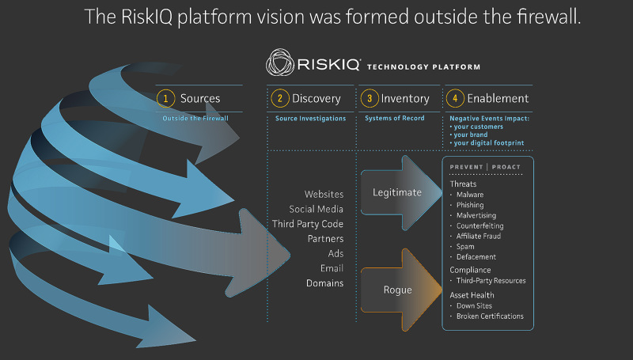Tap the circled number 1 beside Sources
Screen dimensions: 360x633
click(x=165, y=99)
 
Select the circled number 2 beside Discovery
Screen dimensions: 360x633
click(x=279, y=99)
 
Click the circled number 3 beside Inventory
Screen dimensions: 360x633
click(x=369, y=99)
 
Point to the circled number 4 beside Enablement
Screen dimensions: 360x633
click(x=454, y=99)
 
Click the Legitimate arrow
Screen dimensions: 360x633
click(x=396, y=192)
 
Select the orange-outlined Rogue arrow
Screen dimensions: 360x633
click(x=396, y=290)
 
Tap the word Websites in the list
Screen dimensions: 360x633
click(x=324, y=194)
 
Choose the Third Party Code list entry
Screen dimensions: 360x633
click(x=308, y=224)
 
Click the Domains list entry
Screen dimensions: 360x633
click(x=324, y=283)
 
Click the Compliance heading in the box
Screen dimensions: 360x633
click(x=470, y=270)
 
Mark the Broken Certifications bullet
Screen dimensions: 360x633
click(x=490, y=316)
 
